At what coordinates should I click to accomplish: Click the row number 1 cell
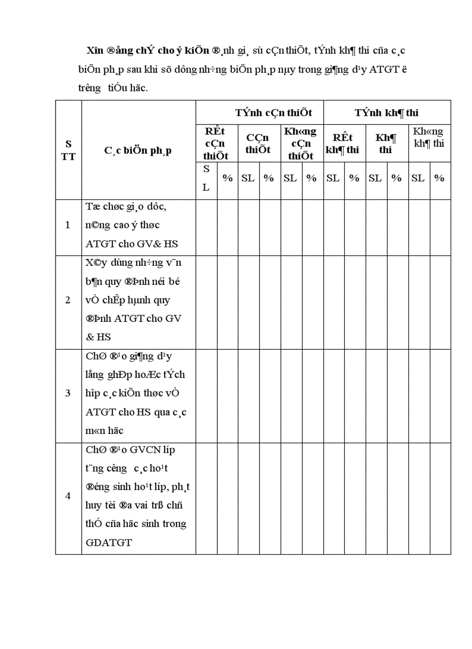pos(68,225)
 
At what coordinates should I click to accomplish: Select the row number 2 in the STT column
pos(68,300)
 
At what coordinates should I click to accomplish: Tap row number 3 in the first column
pos(68,393)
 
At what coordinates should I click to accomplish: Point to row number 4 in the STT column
pos(68,496)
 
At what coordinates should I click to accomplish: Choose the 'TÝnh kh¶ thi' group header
pos(386,113)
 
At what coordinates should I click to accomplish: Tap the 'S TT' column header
pos(68,150)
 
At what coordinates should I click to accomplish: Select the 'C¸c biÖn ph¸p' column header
pos(138,150)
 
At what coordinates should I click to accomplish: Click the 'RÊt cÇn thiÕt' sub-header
pos(216,143)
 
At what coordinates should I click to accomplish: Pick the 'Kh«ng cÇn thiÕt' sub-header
pos(300,143)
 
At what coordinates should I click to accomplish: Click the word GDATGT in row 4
pos(109,543)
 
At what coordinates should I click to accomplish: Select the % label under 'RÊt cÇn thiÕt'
pos(227,178)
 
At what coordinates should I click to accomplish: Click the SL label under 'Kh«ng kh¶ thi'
pos(418,178)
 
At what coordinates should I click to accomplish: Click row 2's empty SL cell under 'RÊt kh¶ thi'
pos(333,300)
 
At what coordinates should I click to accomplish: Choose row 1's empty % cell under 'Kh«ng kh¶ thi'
pos(440,225)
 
